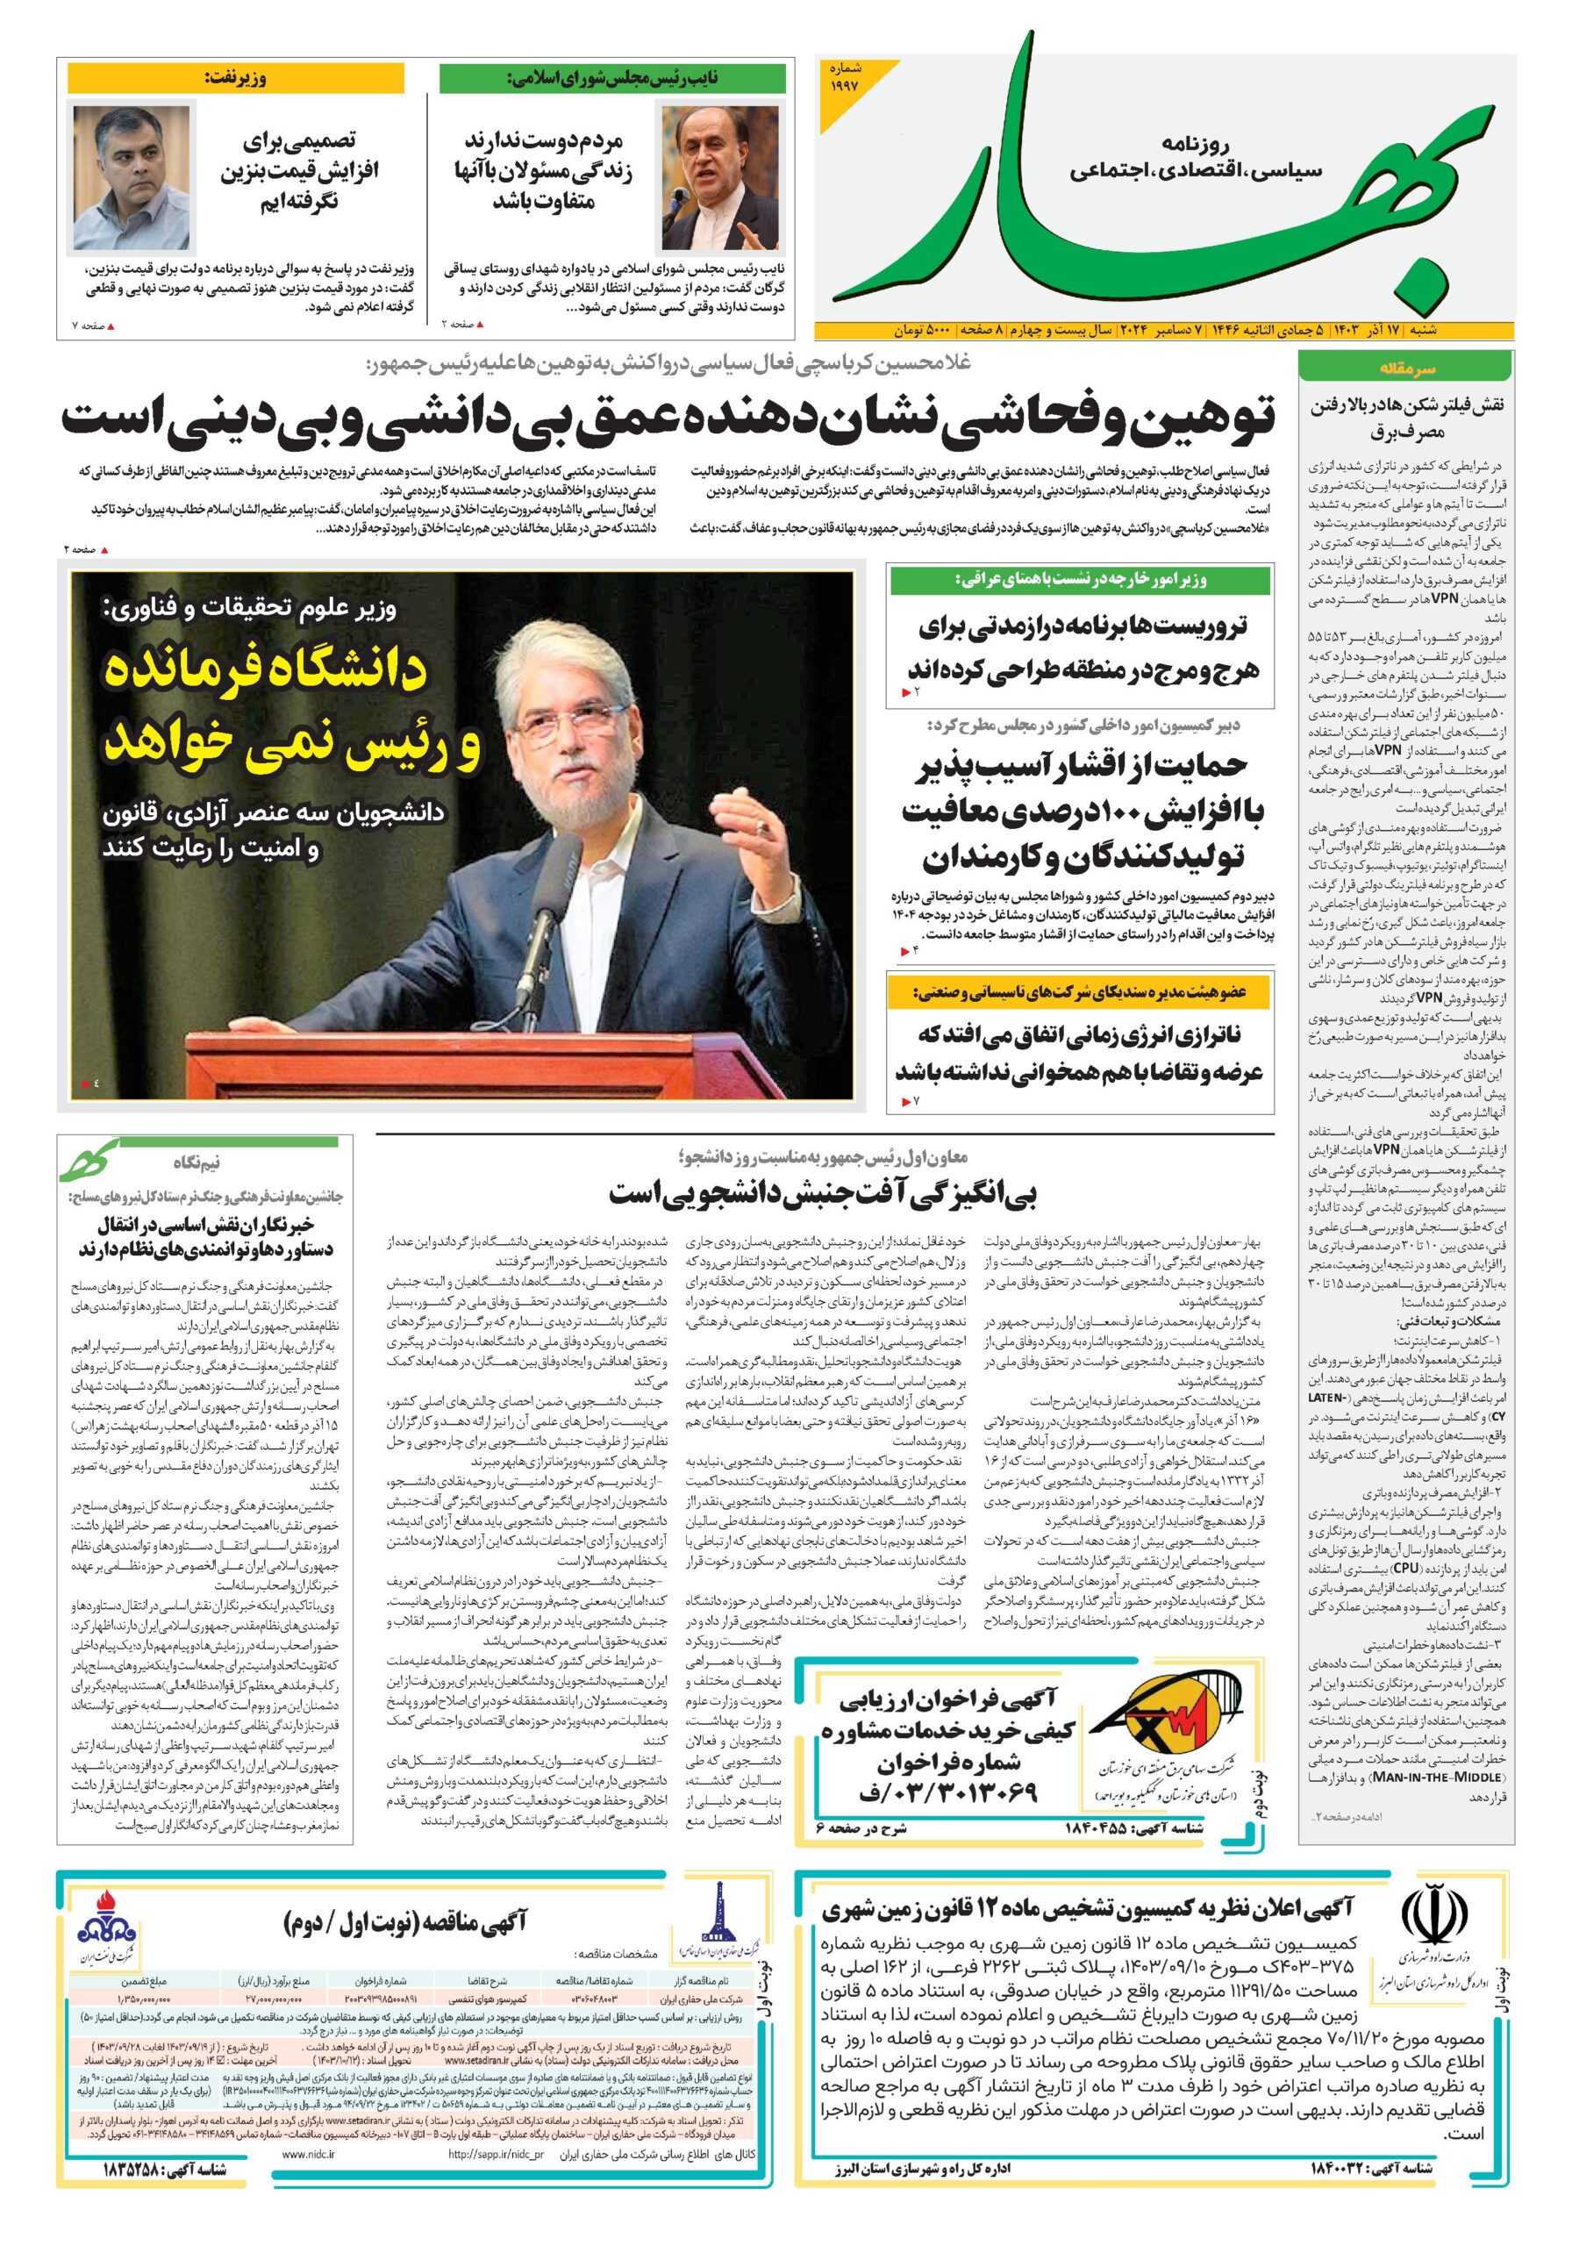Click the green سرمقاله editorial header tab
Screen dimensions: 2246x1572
[x=1405, y=368]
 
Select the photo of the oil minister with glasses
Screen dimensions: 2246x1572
[x=131, y=178]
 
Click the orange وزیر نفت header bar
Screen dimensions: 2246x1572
[x=235, y=79]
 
